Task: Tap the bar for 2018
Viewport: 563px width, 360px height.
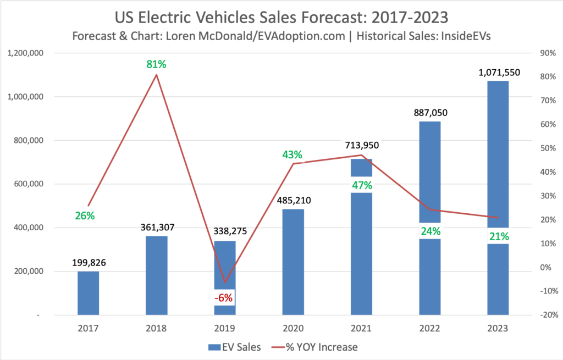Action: tap(156, 275)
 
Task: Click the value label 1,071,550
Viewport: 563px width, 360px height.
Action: tap(498, 72)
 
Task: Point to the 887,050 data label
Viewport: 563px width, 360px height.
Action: tap(430, 112)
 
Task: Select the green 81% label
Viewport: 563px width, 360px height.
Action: tap(156, 64)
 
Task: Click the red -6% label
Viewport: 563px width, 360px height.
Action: tap(224, 298)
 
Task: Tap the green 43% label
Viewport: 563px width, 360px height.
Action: tap(293, 155)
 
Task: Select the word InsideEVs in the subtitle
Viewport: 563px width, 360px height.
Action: tap(467, 36)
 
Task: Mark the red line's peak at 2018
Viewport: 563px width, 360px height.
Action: tap(156, 75)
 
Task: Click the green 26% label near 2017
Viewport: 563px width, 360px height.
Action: tap(85, 215)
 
